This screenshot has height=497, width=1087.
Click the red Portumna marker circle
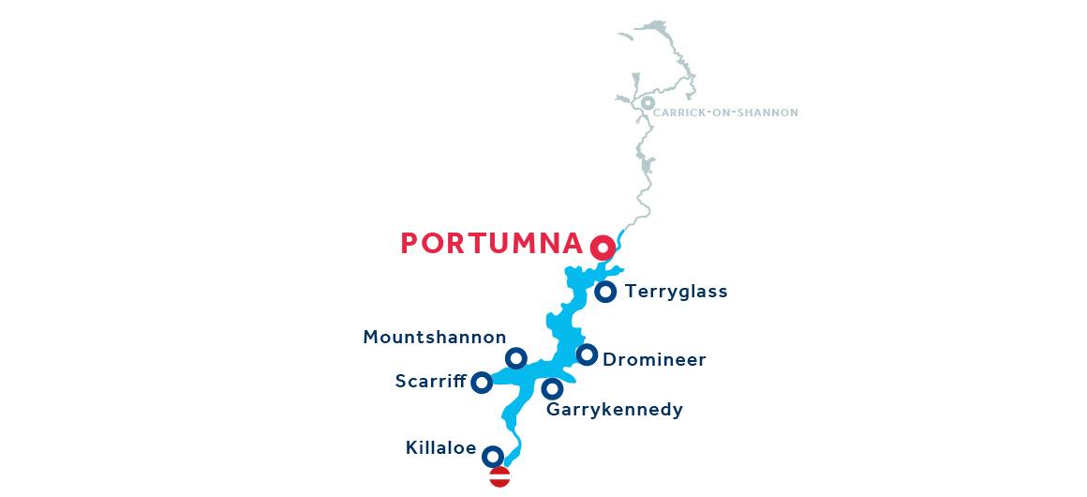[603, 248]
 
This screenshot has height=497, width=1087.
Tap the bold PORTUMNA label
[491, 244]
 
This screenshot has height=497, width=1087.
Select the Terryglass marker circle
[606, 292]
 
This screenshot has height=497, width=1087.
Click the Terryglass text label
[676, 292]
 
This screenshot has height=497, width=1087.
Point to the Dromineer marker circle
[587, 354]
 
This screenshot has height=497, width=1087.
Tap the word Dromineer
[654, 359]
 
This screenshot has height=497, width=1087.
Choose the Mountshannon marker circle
[516, 357]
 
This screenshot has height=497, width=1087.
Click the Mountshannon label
[435, 337]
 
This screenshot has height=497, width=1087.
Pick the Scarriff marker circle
[481, 382]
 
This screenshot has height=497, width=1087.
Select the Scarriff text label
[430, 382]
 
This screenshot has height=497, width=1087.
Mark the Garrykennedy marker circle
[552, 387]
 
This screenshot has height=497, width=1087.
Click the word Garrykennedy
[614, 410]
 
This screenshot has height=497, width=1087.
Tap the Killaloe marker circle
[492, 457]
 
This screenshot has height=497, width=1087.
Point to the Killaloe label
[440, 448]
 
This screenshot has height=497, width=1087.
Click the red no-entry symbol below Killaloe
[500, 476]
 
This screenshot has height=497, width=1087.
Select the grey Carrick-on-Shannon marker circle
[648, 103]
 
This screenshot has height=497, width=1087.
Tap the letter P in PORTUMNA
[409, 244]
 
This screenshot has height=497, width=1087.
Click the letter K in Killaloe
[411, 448]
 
